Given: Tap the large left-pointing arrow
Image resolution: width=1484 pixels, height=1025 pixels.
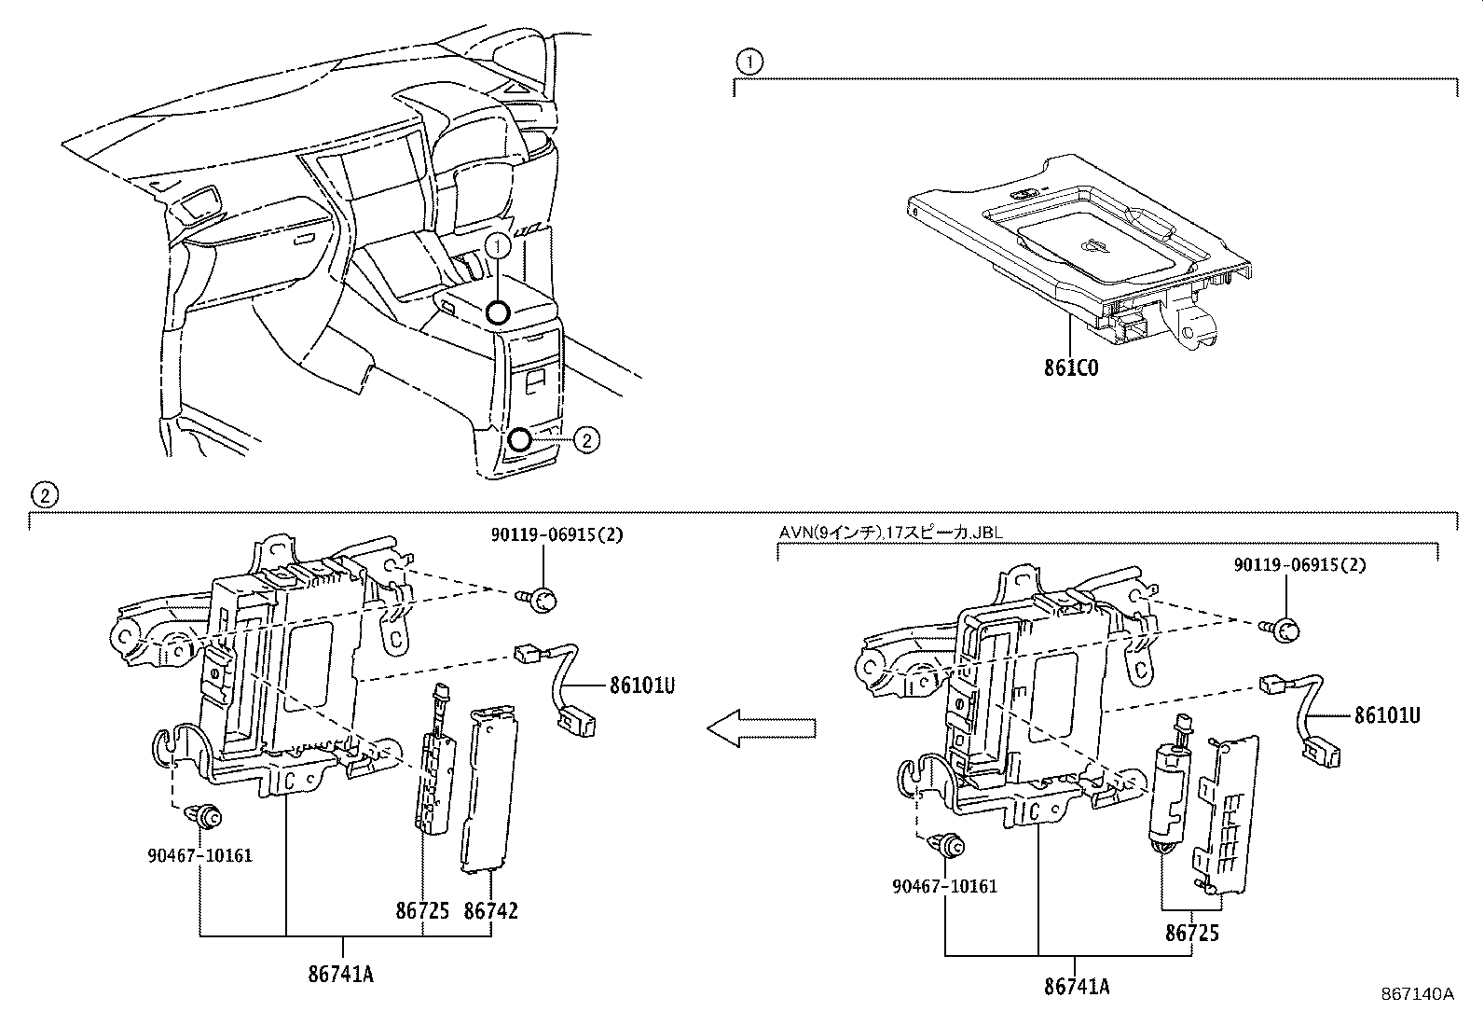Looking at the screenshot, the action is click(x=762, y=727).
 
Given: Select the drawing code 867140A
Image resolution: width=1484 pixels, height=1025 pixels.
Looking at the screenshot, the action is click(x=1417, y=994).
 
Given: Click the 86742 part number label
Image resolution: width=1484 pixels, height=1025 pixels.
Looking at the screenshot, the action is click(x=490, y=910).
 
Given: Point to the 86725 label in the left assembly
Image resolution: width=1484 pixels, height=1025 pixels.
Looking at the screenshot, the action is click(x=422, y=910).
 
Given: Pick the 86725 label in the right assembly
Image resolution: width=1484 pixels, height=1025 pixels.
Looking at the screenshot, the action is click(x=1191, y=932).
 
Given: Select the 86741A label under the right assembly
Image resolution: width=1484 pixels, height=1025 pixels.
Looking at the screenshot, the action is click(x=1077, y=986).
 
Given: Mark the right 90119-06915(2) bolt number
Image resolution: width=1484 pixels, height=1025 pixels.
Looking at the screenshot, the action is click(x=1300, y=565).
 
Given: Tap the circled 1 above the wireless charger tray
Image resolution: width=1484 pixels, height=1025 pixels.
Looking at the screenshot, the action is click(x=749, y=62).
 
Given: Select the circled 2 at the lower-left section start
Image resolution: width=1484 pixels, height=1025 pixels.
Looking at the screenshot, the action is click(x=44, y=494).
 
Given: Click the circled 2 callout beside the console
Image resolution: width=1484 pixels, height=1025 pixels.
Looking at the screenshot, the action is click(x=584, y=439).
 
